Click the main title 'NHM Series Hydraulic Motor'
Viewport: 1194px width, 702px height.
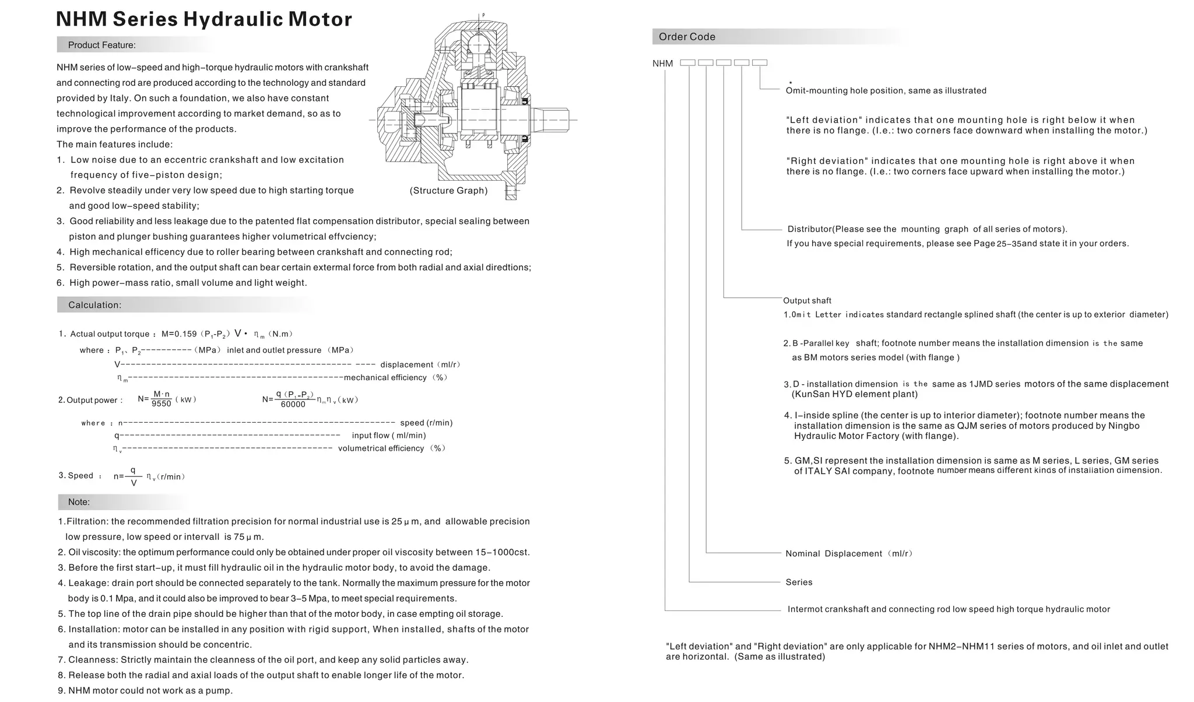[203, 19]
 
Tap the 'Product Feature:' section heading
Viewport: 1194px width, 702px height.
[101, 45]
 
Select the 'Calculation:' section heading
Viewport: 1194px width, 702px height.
[94, 305]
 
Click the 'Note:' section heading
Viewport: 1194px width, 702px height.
[79, 502]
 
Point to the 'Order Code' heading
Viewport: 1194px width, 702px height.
[687, 37]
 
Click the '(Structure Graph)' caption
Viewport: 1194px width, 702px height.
[448, 191]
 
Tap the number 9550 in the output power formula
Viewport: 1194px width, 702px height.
[161, 403]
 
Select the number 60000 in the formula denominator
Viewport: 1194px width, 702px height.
[293, 405]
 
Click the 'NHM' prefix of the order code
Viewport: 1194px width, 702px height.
[662, 64]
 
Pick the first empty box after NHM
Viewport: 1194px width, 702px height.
[688, 62]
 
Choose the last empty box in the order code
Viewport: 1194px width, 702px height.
[760, 62]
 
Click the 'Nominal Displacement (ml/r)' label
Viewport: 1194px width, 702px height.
[848, 553]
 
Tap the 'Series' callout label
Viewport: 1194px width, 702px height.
[799, 582]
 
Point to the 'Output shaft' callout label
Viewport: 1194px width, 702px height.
[807, 300]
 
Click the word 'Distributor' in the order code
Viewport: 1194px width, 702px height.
[809, 229]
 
